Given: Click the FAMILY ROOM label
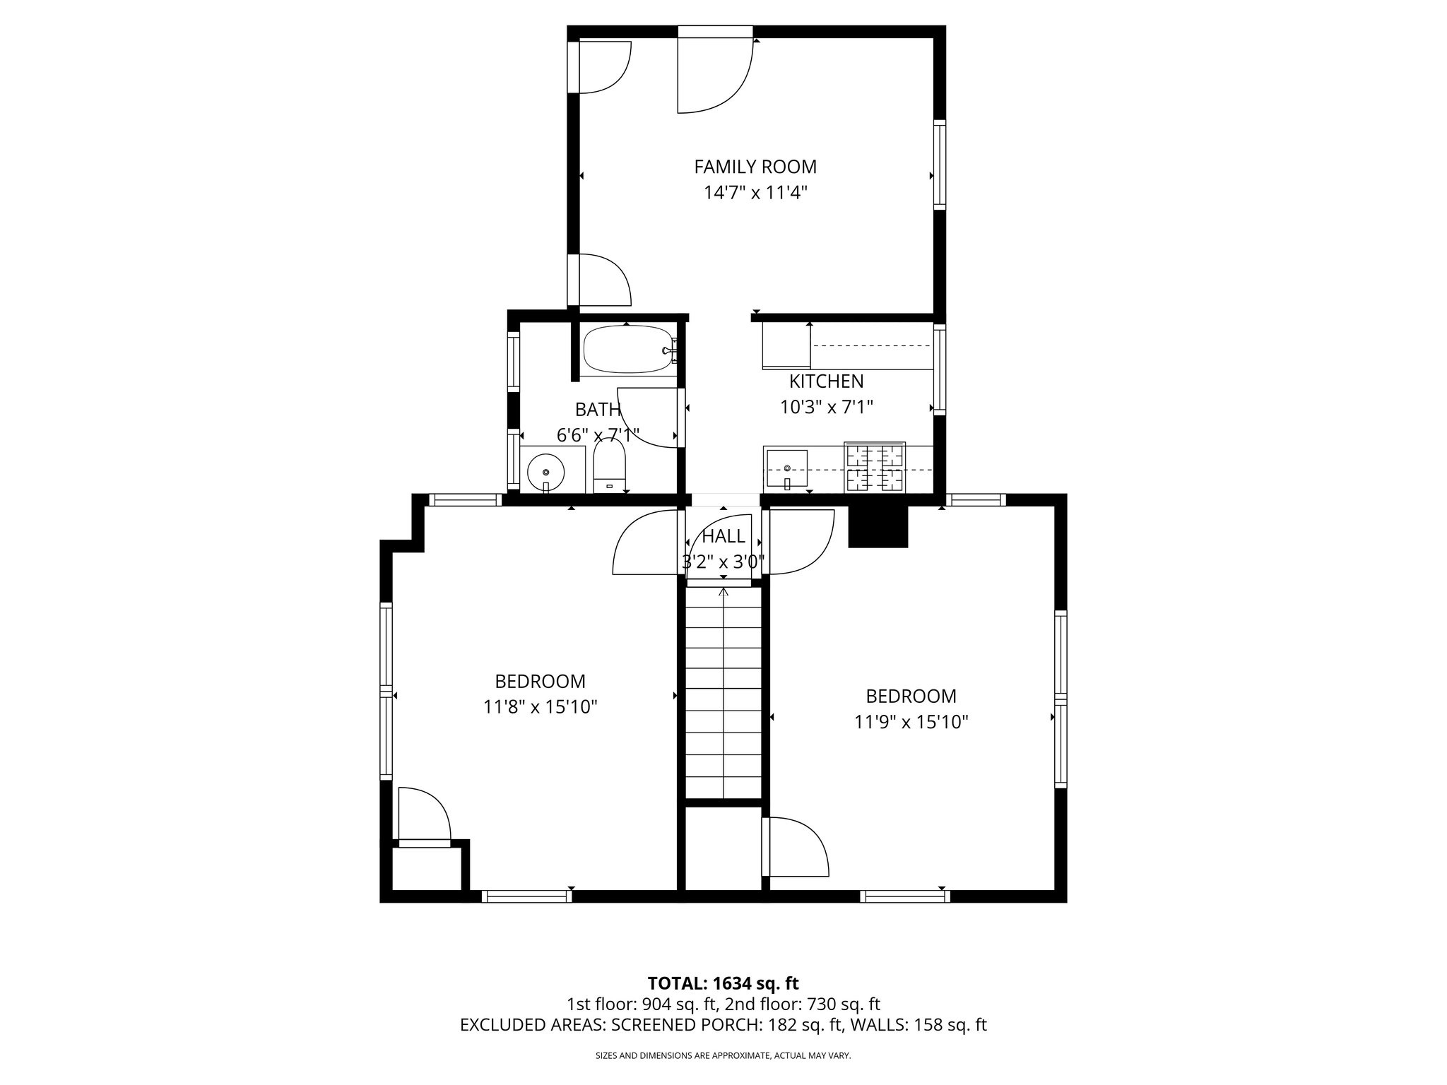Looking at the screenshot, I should (755, 167).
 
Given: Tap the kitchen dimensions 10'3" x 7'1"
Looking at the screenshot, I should (826, 408).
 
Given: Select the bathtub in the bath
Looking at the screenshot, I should (627, 350).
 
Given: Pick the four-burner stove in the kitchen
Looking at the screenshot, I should (875, 467).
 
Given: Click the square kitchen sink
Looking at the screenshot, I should (786, 469).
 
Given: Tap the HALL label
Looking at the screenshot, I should (723, 536).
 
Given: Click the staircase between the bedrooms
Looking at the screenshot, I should (723, 692).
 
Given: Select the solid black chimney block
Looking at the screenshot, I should (877, 527).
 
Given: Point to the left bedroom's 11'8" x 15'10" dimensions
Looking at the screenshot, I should (541, 707).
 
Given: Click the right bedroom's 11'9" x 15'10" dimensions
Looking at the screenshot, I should (911, 722).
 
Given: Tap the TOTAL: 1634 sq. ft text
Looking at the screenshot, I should (723, 983).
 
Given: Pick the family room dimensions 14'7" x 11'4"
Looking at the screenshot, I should (755, 193).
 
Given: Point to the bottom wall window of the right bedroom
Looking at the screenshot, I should (904, 896).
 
